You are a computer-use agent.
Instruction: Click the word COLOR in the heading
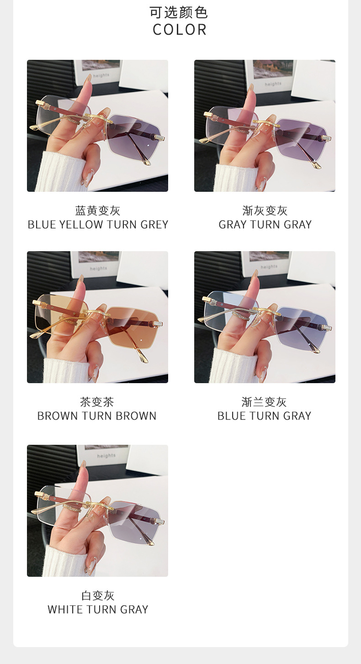180,30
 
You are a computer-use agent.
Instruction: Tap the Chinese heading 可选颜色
179,12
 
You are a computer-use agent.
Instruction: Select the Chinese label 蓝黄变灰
98,211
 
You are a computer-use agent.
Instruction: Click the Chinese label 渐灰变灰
265,211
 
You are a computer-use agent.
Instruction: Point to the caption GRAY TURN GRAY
265,225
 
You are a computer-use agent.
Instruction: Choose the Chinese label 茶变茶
97,402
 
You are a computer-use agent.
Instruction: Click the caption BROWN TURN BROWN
97,416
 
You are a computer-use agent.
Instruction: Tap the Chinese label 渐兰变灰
264,402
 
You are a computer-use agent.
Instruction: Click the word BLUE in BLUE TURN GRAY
232,416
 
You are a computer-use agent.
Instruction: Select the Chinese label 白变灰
98,595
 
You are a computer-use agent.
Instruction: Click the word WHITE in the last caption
65,610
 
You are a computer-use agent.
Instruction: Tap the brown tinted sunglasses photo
98,317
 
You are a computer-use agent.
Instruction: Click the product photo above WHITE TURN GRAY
98,511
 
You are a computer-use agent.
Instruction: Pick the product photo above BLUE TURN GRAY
265,317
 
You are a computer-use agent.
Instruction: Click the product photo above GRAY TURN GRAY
265,126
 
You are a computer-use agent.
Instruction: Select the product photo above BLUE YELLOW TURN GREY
98,126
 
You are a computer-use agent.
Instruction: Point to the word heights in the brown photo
99,269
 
